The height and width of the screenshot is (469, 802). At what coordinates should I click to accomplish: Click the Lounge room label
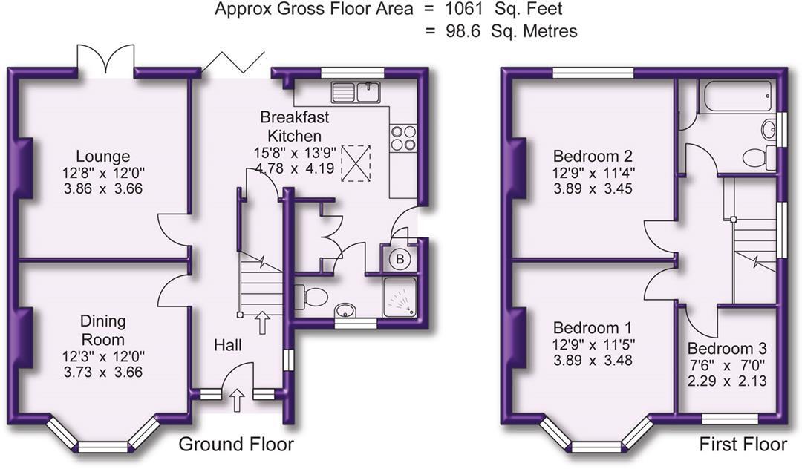click(102, 157)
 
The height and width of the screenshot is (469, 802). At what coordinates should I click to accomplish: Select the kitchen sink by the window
click(356, 93)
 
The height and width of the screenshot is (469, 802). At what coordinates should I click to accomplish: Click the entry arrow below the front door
click(237, 401)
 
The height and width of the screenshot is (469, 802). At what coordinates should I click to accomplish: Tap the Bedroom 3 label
click(727, 349)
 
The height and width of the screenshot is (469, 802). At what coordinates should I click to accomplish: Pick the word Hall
click(228, 345)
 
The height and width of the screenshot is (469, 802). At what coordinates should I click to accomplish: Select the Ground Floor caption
click(236, 445)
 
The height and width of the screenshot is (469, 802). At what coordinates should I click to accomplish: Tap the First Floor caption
click(743, 445)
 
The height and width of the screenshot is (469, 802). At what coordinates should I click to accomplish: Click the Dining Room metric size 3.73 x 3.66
click(102, 373)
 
